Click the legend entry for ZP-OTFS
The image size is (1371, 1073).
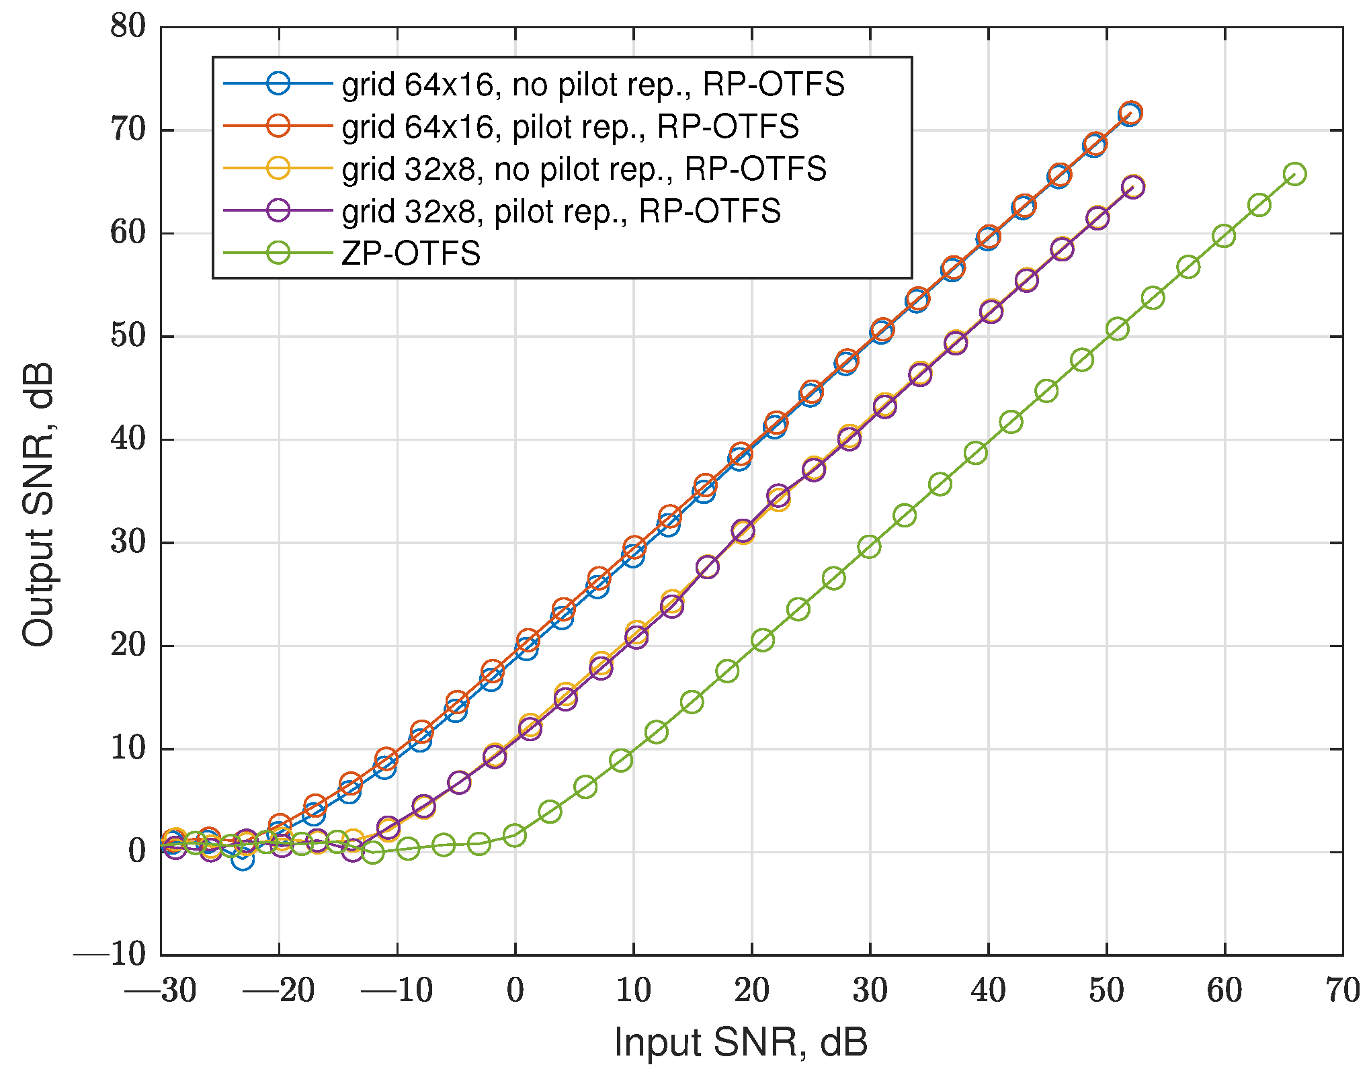411,254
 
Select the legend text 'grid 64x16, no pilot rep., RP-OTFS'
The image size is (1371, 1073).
593,85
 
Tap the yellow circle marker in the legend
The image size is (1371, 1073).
278,169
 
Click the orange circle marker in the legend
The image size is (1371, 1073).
278,126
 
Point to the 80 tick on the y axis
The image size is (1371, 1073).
128,28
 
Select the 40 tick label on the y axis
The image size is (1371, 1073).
128,439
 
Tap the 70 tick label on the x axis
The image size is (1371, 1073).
1342,991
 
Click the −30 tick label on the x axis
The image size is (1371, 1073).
161,991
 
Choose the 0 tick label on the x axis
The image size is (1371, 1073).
515,991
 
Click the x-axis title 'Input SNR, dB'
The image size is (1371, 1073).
741,1042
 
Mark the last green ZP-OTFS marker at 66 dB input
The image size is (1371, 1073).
1294,175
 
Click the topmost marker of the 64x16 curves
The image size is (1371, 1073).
1130,113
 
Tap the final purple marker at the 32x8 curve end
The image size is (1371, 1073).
1132,187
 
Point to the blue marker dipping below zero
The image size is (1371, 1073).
243,859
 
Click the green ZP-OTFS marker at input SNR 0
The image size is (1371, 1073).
514,836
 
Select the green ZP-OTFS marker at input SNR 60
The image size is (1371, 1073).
1224,236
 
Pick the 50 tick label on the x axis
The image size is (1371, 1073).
1106,991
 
